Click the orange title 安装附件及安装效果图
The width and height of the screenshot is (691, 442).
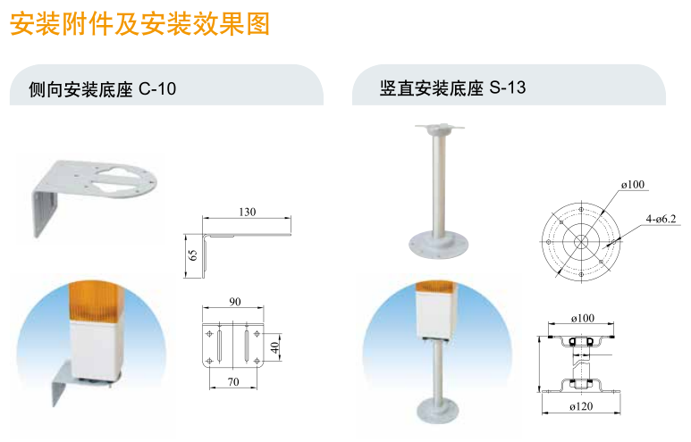pos(139,24)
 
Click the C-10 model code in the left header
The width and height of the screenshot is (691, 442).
pos(157,89)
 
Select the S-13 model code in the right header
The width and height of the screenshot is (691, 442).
pos(508,88)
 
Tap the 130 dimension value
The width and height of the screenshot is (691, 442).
pos(248,212)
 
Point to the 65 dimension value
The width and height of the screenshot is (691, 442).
pos(192,254)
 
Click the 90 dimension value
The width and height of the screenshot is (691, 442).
pos(235,302)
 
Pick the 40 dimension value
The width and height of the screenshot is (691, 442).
pos(275,347)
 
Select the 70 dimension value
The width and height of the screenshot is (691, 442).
pos(233,381)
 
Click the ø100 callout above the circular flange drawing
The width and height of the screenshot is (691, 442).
pos(633,185)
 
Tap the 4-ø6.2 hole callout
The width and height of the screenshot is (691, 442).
pos(661,219)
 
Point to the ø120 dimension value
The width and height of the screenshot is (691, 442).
pos(581,406)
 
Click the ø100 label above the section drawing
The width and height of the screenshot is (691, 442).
pos(583,318)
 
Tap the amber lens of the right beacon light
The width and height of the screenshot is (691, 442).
pos(436,287)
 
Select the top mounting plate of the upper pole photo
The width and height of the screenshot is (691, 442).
pos(440,128)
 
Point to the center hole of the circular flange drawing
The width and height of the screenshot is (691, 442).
pos(581,241)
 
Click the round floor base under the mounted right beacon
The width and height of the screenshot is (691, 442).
pos(438,411)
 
